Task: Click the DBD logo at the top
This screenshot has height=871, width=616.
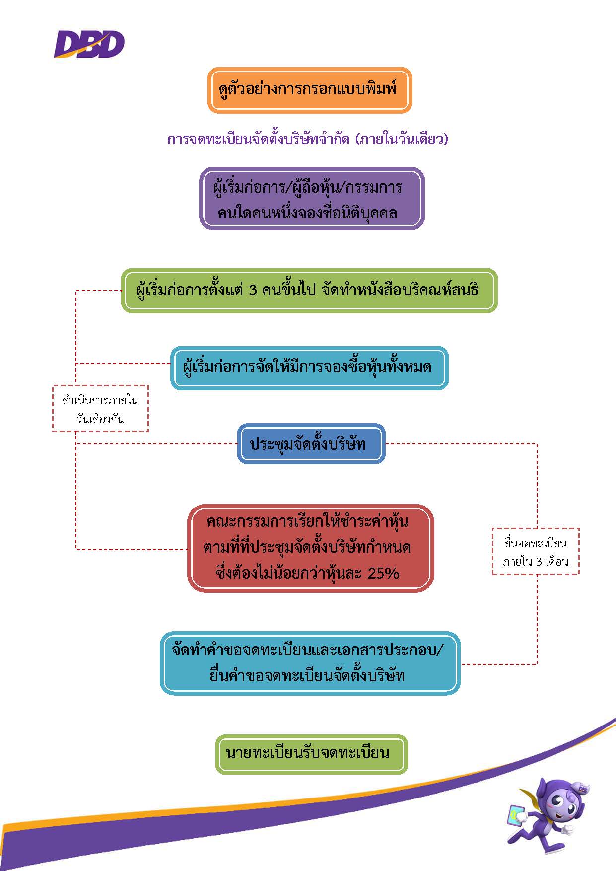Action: click(x=89, y=44)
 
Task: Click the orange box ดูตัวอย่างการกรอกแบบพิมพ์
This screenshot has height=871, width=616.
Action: click(x=309, y=90)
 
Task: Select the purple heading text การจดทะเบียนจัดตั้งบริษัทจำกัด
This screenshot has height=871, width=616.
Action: click(x=258, y=139)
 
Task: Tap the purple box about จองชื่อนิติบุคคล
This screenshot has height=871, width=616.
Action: click(x=311, y=199)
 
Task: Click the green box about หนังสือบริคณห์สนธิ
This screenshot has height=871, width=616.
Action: click(x=309, y=290)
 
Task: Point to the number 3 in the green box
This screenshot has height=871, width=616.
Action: click(x=253, y=290)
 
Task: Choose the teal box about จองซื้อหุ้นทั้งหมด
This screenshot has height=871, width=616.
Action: click(x=309, y=368)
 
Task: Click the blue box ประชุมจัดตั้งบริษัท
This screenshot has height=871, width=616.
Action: click(x=311, y=443)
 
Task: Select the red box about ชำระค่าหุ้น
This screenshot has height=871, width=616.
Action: click(x=310, y=548)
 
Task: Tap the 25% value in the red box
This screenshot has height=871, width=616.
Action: click(x=384, y=573)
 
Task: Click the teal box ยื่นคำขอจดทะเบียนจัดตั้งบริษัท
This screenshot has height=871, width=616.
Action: click(x=310, y=663)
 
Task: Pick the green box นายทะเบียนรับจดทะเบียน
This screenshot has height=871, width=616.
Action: click(x=311, y=754)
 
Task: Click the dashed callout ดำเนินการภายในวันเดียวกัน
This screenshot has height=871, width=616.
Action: click(x=100, y=408)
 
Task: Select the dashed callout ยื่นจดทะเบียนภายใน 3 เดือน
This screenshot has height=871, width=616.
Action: click(x=535, y=551)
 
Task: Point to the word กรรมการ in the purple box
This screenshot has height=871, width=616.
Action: click(x=373, y=187)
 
